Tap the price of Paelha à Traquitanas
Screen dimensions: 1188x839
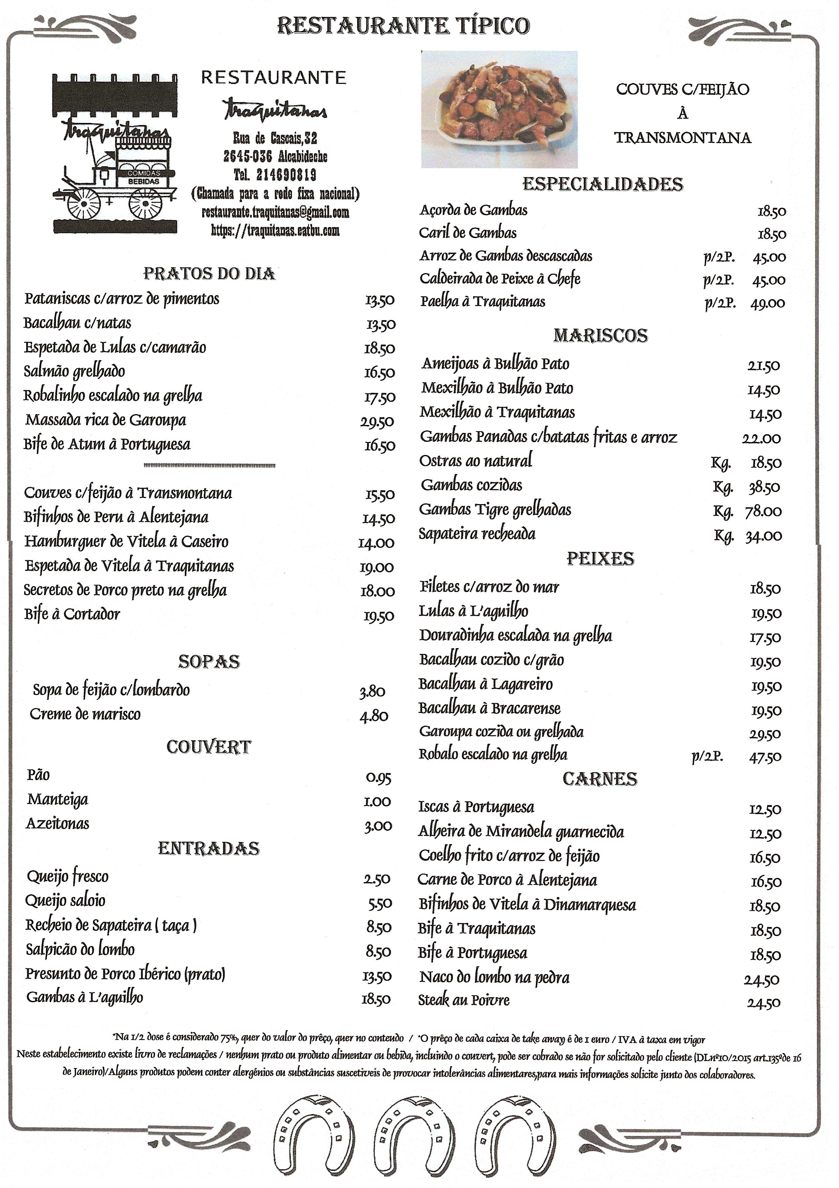(x=767, y=303)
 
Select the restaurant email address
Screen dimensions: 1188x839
(x=275, y=213)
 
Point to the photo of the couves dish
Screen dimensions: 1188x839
(x=499, y=109)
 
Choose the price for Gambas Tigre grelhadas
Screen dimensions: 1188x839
(x=763, y=511)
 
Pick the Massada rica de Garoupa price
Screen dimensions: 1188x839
(x=377, y=422)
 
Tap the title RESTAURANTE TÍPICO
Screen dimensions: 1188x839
(x=403, y=25)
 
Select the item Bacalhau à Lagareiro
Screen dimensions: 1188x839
(x=485, y=684)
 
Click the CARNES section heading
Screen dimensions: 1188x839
(x=600, y=779)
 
